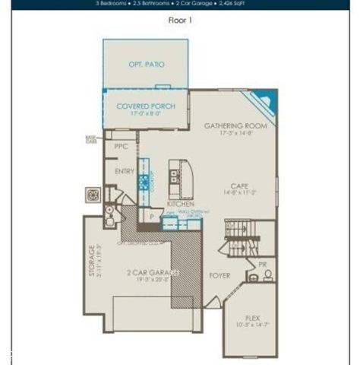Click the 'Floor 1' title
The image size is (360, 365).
(180, 20)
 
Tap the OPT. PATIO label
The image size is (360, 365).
(146, 65)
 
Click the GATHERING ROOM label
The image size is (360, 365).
(235, 126)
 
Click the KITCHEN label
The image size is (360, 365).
(180, 205)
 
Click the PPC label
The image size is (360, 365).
(121, 146)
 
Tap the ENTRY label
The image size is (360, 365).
(125, 172)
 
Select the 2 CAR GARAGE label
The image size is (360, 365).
(150, 272)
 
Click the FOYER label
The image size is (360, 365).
(219, 275)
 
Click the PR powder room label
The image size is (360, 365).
(262, 264)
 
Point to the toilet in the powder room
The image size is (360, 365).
(268, 276)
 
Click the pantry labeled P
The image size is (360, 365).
(152, 217)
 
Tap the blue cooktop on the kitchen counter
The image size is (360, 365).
(143, 182)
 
